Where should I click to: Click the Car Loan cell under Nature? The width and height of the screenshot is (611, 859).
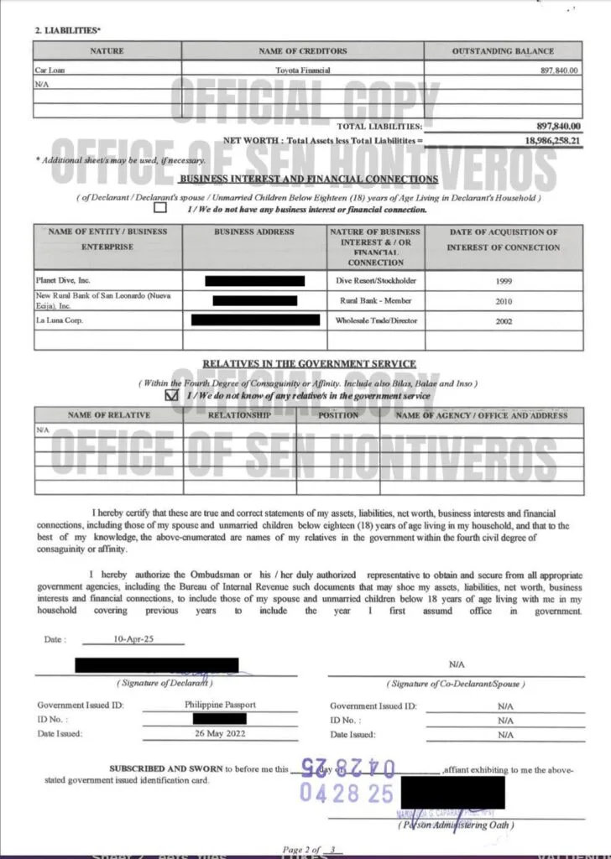(x=50, y=70)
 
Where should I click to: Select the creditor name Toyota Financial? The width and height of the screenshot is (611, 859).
(x=303, y=70)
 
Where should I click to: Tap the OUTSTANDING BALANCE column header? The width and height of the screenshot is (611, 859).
(x=503, y=51)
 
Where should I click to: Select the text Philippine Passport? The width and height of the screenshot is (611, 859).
(x=220, y=705)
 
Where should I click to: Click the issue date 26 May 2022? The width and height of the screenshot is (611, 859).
(x=220, y=733)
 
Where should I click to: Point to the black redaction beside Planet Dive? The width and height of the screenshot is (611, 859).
(x=254, y=280)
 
